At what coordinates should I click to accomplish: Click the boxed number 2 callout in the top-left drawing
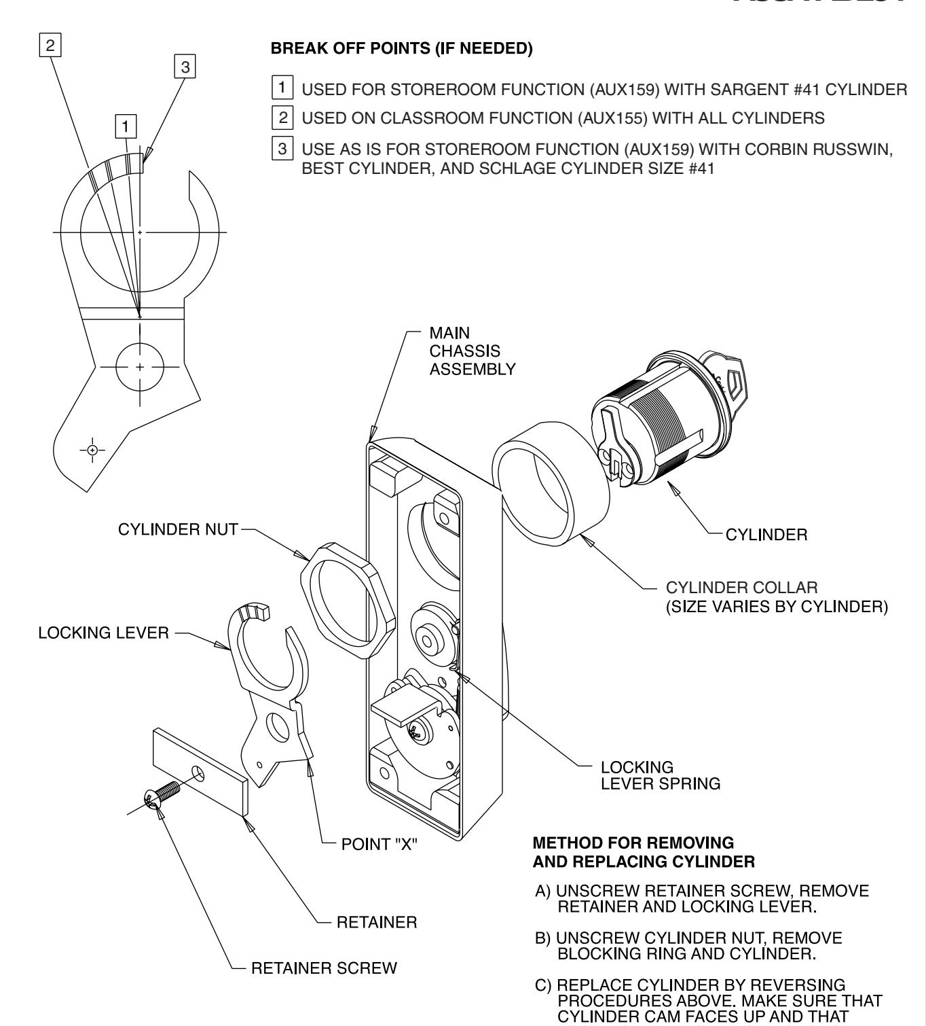coord(49,46)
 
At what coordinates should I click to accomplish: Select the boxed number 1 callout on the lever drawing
coord(126,125)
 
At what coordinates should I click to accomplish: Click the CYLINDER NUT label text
coord(178,529)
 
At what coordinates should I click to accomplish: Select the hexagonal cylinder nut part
coord(337,599)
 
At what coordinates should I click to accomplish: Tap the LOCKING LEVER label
coord(103,633)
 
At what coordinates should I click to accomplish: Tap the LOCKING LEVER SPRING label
coord(660,775)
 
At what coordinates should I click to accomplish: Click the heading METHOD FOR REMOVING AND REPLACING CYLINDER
coord(644,852)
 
